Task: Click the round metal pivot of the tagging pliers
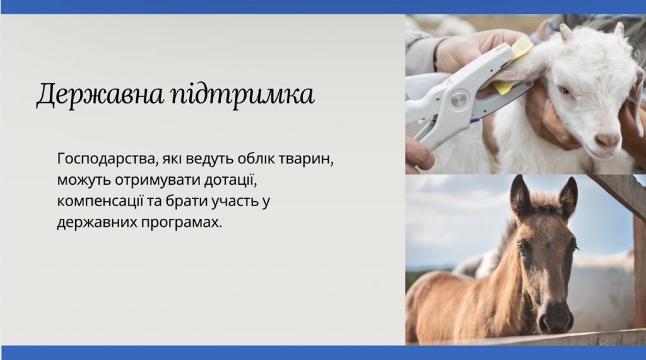point(458,99)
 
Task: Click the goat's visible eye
point(565,90)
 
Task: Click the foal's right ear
point(568,197)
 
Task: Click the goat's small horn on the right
point(619,28)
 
